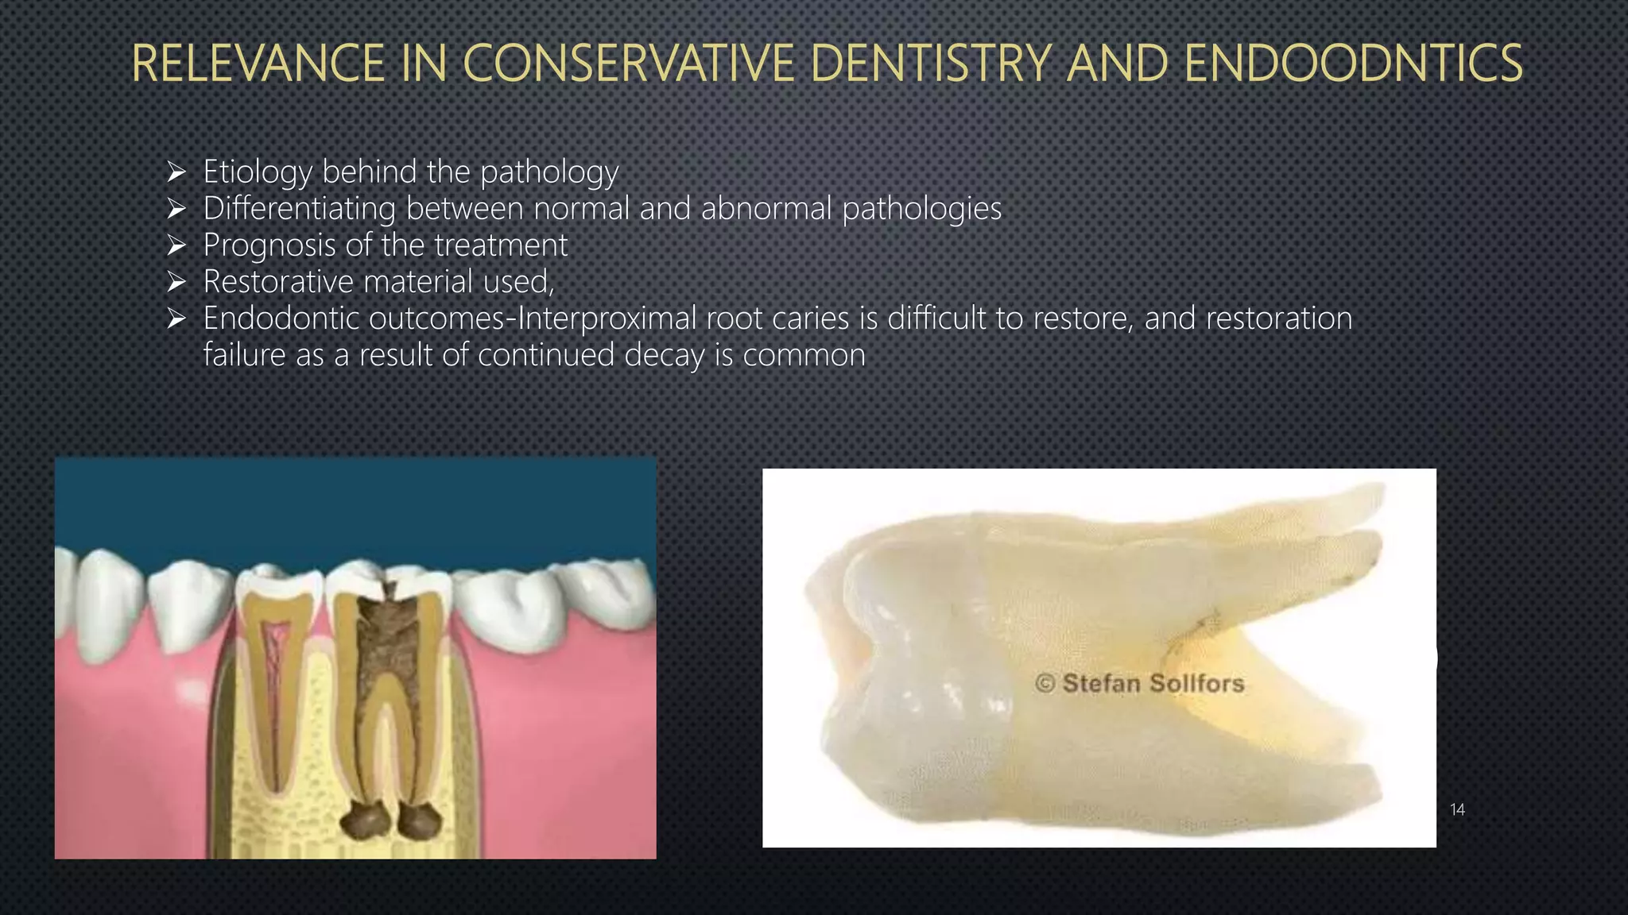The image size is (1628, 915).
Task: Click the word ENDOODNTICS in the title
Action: coord(1353,64)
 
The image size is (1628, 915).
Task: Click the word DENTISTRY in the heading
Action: coord(931,64)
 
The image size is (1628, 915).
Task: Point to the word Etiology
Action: coord(257,172)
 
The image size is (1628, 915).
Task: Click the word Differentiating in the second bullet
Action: coord(299,209)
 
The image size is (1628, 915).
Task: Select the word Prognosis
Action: coord(269,245)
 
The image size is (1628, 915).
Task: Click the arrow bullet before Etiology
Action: coord(176,172)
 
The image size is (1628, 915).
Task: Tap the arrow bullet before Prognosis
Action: coord(176,245)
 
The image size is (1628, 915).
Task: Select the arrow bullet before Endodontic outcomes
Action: coord(176,319)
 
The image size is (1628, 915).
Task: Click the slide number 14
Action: coord(1457,809)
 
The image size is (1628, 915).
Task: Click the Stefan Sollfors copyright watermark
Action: coord(1139,683)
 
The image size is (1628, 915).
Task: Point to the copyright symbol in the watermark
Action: coord(1045,683)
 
